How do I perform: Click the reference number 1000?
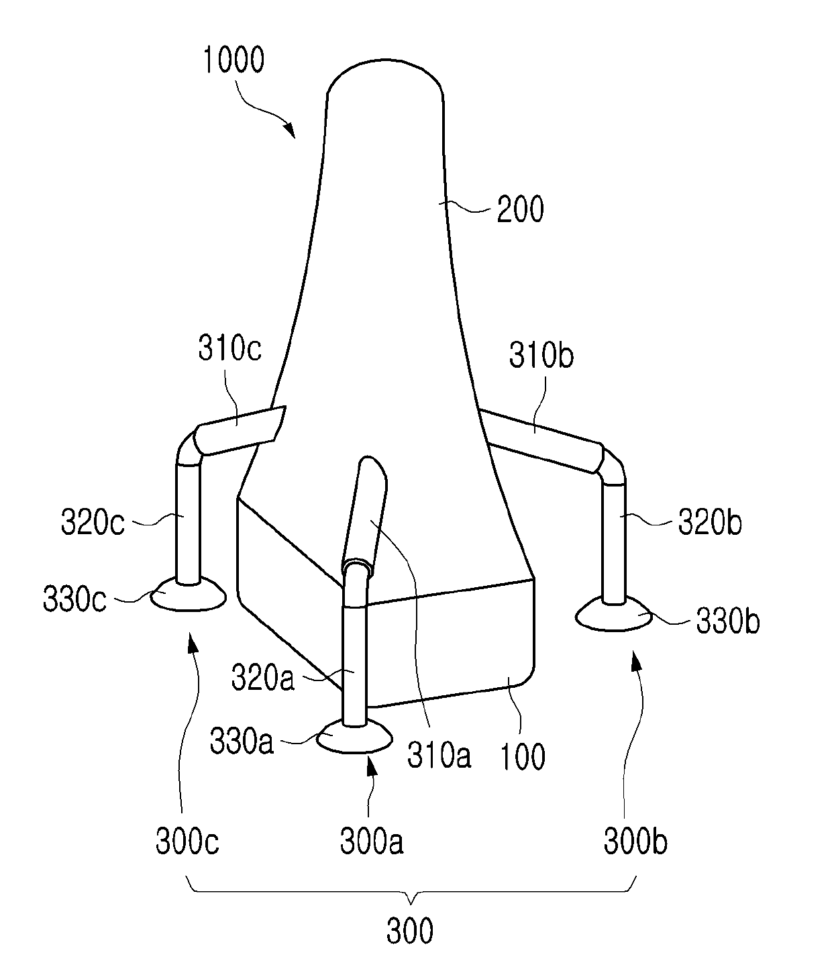[x=233, y=60]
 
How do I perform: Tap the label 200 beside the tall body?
[x=519, y=210]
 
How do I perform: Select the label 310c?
[x=230, y=350]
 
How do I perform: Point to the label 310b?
[x=541, y=356]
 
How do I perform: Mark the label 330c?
[x=74, y=599]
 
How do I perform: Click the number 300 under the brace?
[x=410, y=931]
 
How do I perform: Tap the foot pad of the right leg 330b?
[x=615, y=615]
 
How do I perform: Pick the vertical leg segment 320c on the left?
[x=187, y=523]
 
